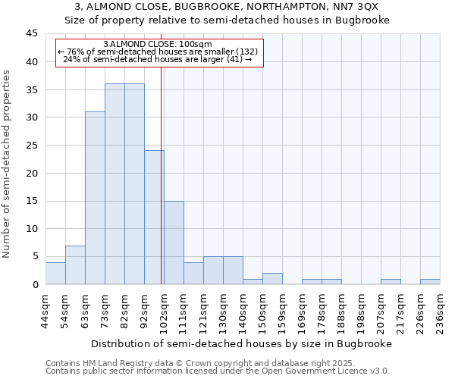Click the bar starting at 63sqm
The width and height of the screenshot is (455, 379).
point(95,198)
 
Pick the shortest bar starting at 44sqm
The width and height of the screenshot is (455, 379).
point(55,274)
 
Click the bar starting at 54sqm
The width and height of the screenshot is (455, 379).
point(75,265)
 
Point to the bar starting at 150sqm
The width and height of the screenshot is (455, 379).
point(272,279)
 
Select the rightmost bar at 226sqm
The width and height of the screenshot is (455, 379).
point(430,282)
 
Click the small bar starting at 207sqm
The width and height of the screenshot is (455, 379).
point(391,282)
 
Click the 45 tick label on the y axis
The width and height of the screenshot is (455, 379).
point(31,34)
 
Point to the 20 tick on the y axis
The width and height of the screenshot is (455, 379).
point(31,173)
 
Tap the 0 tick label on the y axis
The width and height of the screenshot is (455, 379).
point(34,284)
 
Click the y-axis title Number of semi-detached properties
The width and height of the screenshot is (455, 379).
point(8,164)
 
